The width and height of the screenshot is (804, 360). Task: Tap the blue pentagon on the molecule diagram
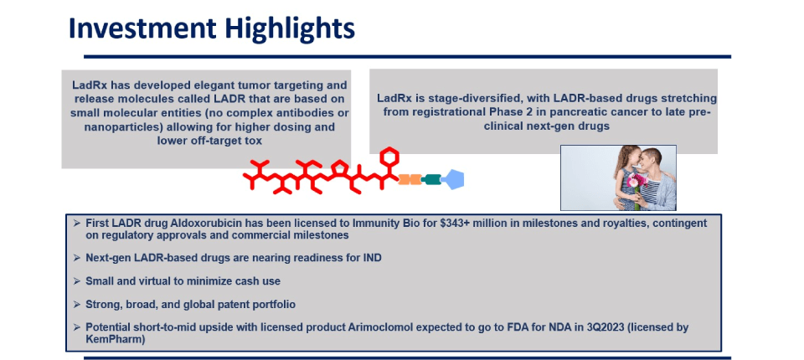pyautogui.click(x=453, y=179)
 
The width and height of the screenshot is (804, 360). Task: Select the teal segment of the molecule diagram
pyautogui.click(x=432, y=179)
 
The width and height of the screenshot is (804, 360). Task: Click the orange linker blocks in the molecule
pyautogui.click(x=410, y=179)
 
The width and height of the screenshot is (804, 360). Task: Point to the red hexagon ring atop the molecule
pyautogui.click(x=389, y=156)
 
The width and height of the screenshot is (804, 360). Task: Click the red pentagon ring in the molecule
pyautogui.click(x=339, y=167)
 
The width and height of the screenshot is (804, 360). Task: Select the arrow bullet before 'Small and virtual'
pyautogui.click(x=77, y=281)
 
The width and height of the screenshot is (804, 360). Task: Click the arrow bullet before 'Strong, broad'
pyautogui.click(x=77, y=304)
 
